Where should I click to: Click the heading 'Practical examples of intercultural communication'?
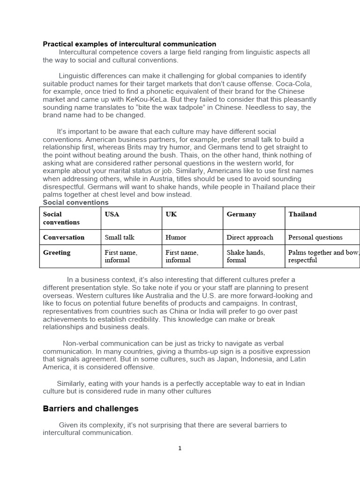point(129,44)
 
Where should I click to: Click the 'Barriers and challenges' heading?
point(90,409)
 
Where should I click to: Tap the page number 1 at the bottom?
point(180,449)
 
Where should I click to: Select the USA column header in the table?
point(112,214)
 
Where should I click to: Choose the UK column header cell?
point(171,214)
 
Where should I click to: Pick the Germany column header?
point(241,214)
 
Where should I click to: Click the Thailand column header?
point(302,214)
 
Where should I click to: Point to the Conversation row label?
point(64,237)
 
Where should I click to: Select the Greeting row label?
point(57,253)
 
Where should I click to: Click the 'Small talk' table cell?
point(120,237)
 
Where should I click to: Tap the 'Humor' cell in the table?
point(176,237)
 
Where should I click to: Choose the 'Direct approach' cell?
point(250,237)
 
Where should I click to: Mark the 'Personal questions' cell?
point(315,237)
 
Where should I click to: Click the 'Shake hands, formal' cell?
point(246,256)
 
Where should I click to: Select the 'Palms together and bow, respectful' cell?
point(323,256)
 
